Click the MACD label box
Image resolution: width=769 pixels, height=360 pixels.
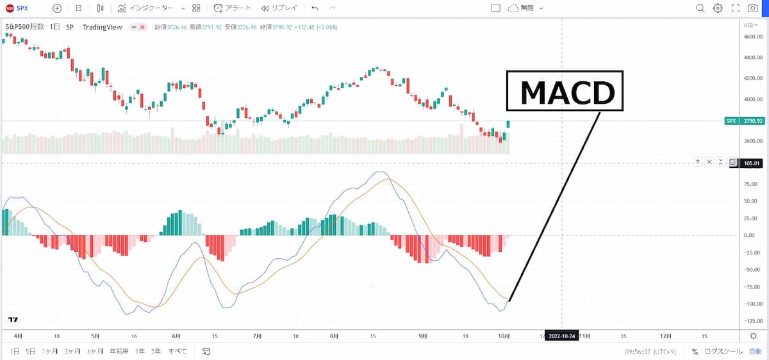(565, 91)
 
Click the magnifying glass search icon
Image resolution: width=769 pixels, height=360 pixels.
(700, 8)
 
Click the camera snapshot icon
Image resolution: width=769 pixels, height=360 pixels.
(752, 8)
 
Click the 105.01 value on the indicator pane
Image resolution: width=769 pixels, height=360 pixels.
(750, 163)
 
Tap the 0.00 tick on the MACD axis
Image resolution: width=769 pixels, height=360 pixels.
(752, 235)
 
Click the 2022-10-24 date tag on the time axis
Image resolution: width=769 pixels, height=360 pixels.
(563, 336)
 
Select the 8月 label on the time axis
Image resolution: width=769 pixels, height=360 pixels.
(333, 336)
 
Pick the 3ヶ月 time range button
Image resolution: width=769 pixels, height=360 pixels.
(72, 352)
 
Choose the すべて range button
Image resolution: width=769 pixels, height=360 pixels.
(178, 352)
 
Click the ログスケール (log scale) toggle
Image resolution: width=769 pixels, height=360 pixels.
(724, 352)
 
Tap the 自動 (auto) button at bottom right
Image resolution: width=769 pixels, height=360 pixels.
(755, 352)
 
